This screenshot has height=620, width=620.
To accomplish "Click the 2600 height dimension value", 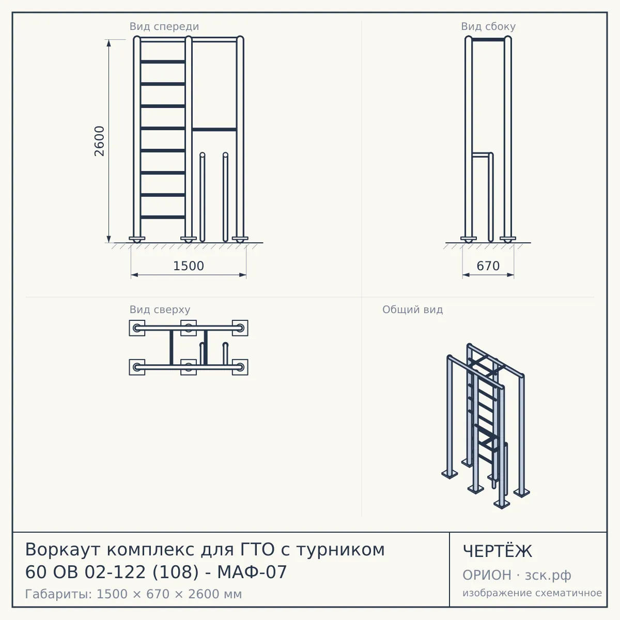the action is pyautogui.click(x=99, y=141).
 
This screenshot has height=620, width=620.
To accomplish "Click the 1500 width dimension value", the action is pyautogui.click(x=189, y=266).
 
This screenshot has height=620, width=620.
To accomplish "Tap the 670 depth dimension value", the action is pyautogui.click(x=488, y=266).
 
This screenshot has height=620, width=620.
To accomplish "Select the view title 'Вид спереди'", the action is pyautogui.click(x=164, y=26).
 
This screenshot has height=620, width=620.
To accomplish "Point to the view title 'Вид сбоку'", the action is pyautogui.click(x=488, y=26).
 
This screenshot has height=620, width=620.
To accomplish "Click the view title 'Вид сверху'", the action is pyautogui.click(x=160, y=309).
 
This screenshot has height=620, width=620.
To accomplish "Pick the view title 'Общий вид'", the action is pyautogui.click(x=412, y=309).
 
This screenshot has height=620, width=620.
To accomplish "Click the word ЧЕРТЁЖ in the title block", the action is pyautogui.click(x=498, y=551).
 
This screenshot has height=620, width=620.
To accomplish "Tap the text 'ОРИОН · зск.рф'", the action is pyautogui.click(x=517, y=575).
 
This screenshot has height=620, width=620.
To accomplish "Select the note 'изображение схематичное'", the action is pyautogui.click(x=532, y=593).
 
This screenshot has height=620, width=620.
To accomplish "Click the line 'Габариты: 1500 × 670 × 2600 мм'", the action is pyautogui.click(x=133, y=594).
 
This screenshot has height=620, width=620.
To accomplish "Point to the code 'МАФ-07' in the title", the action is pyautogui.click(x=252, y=572).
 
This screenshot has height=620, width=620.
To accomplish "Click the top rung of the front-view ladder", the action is pyautogui.click(x=163, y=61).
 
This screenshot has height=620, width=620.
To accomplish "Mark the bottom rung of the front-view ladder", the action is pyautogui.click(x=163, y=217).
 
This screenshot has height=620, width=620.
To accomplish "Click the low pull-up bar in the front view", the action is pyautogui.click(x=214, y=130).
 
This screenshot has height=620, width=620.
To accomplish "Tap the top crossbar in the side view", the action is pyautogui.click(x=488, y=40).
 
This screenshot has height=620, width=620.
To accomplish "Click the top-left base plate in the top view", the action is pyautogui.click(x=137, y=328).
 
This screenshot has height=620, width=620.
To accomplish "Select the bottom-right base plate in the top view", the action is pyautogui.click(x=240, y=367).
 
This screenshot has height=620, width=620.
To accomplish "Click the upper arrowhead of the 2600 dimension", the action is pyautogui.click(x=109, y=43).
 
